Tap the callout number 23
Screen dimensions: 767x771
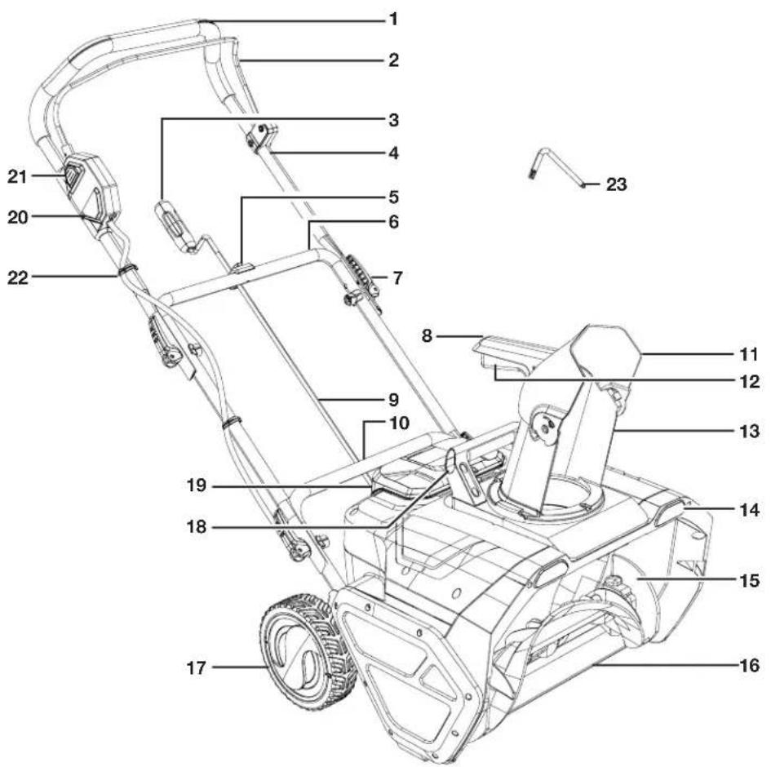pos(617,184)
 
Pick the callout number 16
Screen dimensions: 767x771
pos(748,665)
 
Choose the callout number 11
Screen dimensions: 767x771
pos(748,355)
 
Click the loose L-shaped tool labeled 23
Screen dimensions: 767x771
pos(555,167)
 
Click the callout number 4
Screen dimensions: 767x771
pos(393,152)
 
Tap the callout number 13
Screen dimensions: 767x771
pos(748,432)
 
